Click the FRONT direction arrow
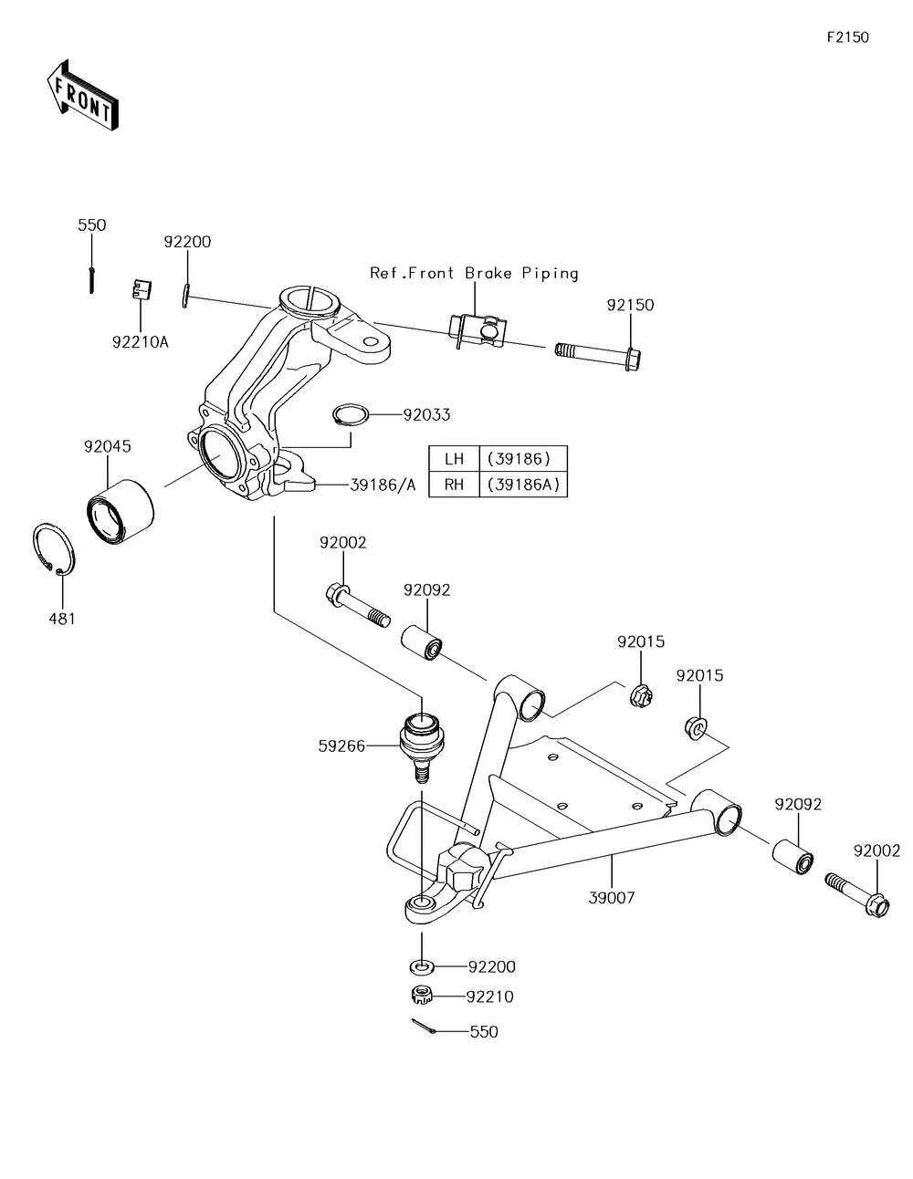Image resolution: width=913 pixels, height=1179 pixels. pos(81,95)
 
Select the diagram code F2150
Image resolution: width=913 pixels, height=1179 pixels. pos(847,37)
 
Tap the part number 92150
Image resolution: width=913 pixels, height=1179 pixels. pos(630,305)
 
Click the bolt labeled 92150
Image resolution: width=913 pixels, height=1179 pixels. pos(597,351)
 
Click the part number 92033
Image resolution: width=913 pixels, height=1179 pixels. pos(426,414)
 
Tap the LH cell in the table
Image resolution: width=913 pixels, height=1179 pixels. pos(454,459)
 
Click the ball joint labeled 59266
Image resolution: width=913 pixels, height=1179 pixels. pos(421,743)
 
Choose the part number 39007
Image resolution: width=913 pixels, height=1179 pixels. pos(612,898)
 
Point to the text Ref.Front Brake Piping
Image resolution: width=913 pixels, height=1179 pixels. pos(474,273)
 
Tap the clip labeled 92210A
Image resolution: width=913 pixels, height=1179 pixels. pos(138,289)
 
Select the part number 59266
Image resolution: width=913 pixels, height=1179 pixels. pos(341,746)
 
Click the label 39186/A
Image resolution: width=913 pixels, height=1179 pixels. pos(383,485)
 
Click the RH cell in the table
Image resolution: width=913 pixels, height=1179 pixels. pos(454,485)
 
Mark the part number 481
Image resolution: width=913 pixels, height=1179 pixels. pos(62,619)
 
